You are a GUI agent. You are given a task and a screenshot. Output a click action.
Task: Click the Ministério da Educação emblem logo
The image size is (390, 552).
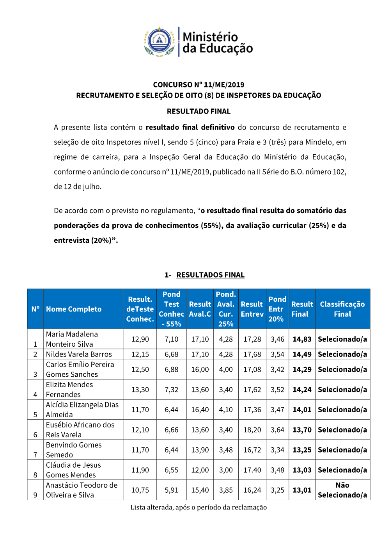click(159, 42)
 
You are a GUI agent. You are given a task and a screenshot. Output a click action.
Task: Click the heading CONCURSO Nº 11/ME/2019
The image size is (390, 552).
click(199, 85)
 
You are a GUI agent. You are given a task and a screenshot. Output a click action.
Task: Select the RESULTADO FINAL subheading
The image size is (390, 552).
click(199, 111)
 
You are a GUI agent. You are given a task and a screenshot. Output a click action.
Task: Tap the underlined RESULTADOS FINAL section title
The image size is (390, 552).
click(210, 275)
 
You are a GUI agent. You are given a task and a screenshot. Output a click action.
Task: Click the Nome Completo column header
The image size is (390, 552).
click(74, 309)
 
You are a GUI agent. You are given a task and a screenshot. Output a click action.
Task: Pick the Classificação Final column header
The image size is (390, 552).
click(342, 309)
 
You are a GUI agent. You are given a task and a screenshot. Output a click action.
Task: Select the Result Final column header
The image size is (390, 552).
click(302, 309)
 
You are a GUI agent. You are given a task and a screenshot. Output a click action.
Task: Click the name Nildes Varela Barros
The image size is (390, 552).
click(79, 354)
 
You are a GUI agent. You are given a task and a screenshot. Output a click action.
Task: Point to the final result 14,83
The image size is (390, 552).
click(302, 339)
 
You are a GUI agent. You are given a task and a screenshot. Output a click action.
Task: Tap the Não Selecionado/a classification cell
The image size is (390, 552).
click(342, 490)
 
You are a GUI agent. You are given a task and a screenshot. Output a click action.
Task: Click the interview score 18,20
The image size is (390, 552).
click(252, 430)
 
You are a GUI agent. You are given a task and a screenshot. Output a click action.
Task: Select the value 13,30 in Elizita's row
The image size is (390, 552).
click(140, 390)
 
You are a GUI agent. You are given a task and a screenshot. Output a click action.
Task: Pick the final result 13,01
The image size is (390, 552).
click(302, 490)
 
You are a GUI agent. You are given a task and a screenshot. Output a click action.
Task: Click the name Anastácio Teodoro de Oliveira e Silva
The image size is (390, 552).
click(82, 490)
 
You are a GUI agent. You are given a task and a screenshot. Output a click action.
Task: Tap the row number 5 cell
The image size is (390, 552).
click(35, 415)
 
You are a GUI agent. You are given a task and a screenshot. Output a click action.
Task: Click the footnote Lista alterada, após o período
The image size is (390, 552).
click(199, 507)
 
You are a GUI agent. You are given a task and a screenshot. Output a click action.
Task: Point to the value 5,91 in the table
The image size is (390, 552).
click(171, 490)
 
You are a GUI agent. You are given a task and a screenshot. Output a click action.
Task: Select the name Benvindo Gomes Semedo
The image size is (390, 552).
click(74, 450)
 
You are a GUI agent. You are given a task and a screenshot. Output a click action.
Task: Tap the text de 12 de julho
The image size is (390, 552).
click(78, 187)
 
